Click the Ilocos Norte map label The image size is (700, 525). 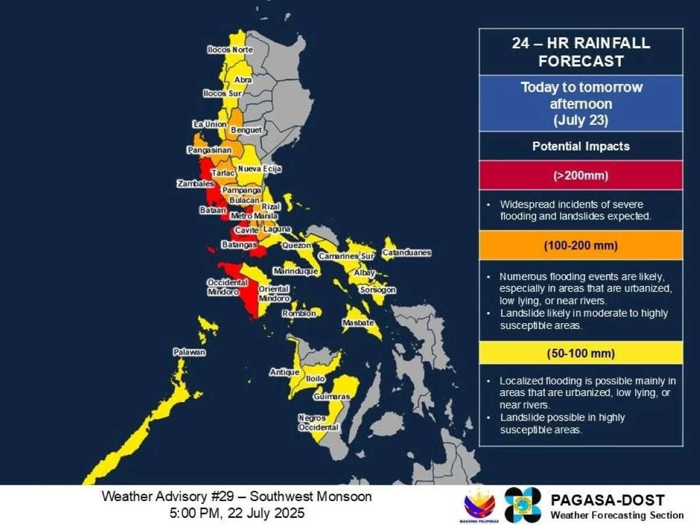click(x=230, y=50)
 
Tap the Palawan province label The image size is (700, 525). click(x=189, y=352)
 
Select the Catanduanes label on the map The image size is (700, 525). click(x=407, y=253)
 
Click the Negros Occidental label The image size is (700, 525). click(x=318, y=423)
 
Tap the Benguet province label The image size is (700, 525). click(x=246, y=130)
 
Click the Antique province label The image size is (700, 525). click(x=284, y=372)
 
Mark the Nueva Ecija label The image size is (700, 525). click(x=260, y=169)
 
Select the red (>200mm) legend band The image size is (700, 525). click(x=580, y=175)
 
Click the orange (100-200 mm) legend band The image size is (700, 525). click(x=580, y=246)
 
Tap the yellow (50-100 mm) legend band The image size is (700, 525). click(x=580, y=353)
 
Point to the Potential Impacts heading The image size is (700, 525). click(x=580, y=146)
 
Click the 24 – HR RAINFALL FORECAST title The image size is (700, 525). click(x=580, y=52)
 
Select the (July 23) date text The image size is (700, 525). click(x=580, y=121)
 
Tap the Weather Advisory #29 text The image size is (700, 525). click(x=236, y=497)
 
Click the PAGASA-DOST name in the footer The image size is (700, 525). click(x=607, y=500)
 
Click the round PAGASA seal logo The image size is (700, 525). click(x=523, y=505)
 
